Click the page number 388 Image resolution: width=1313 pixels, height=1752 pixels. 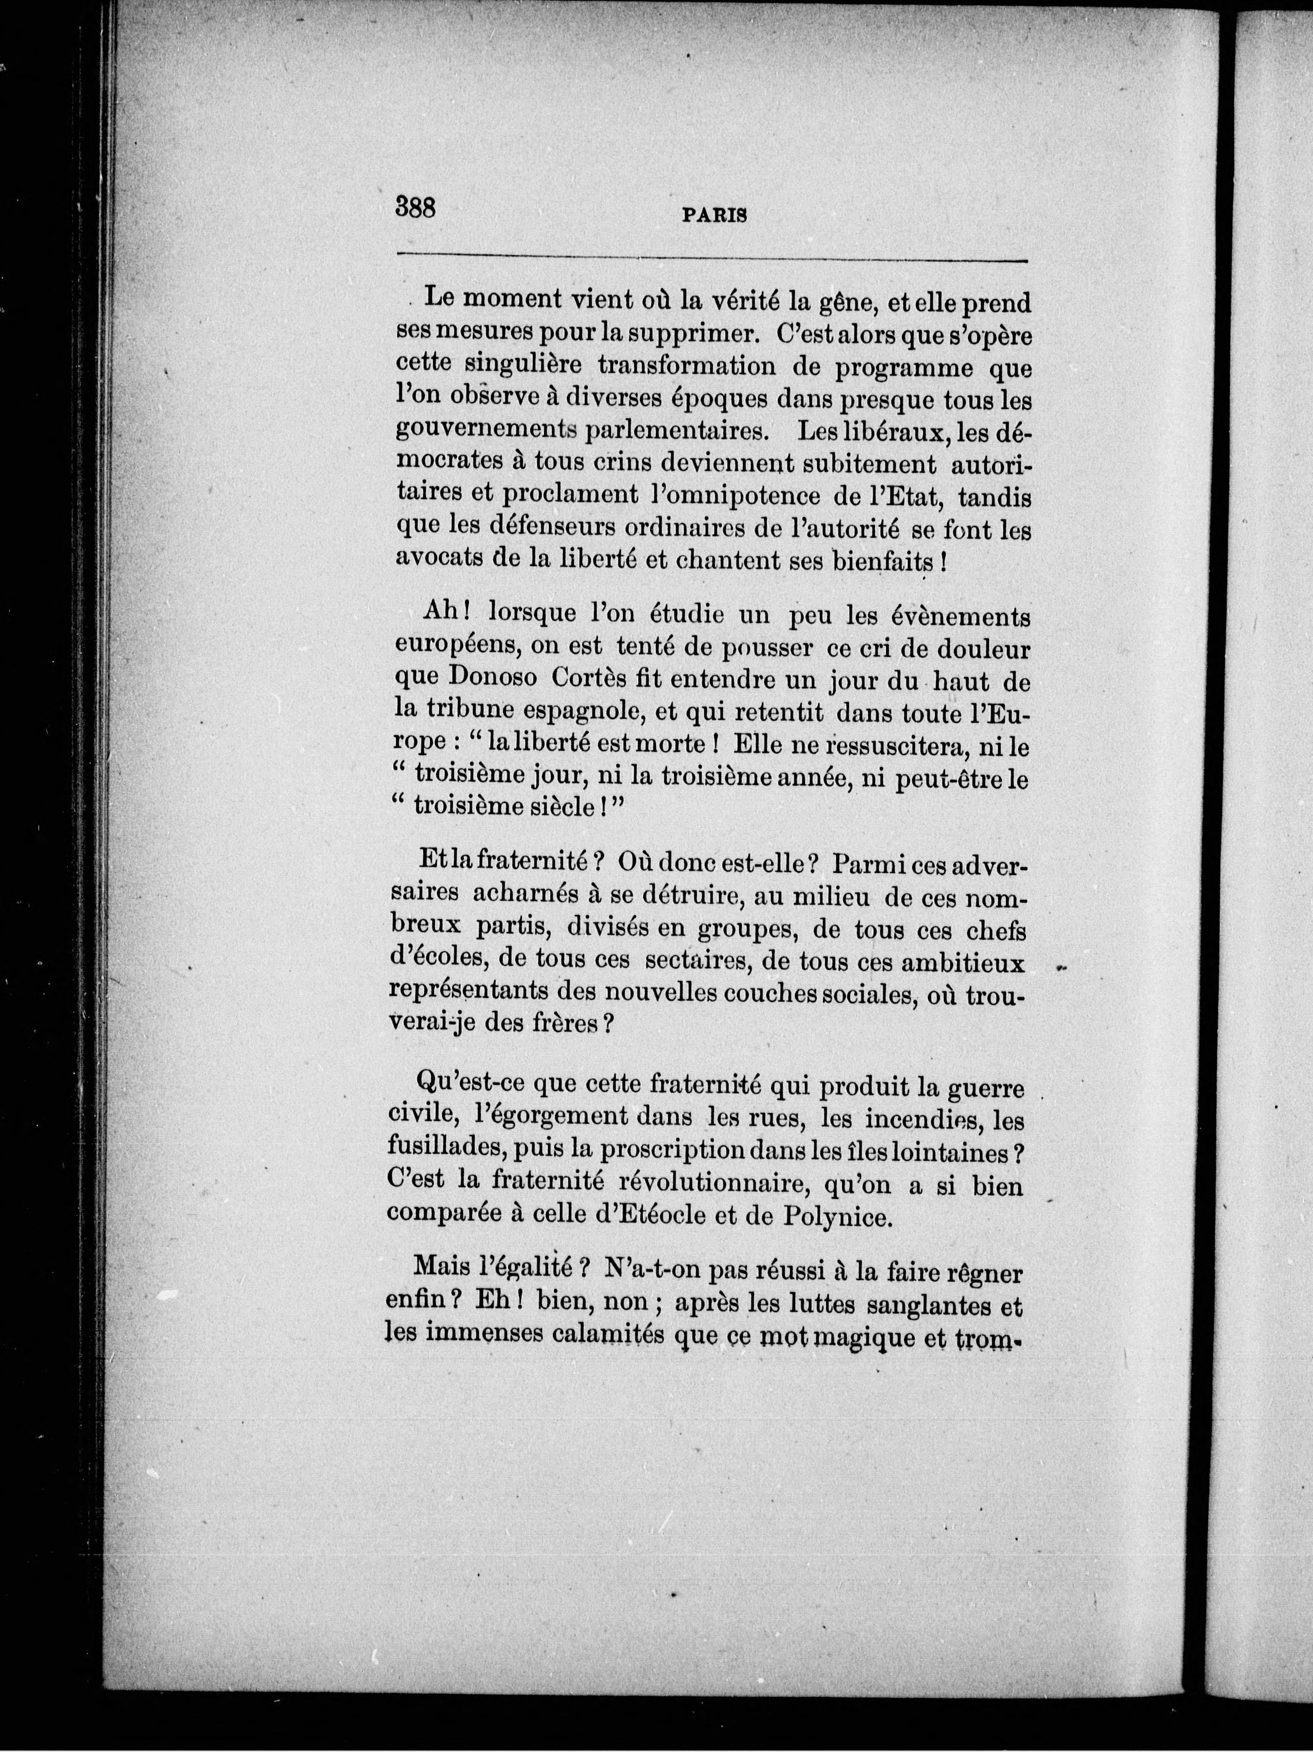pyautogui.click(x=416, y=208)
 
